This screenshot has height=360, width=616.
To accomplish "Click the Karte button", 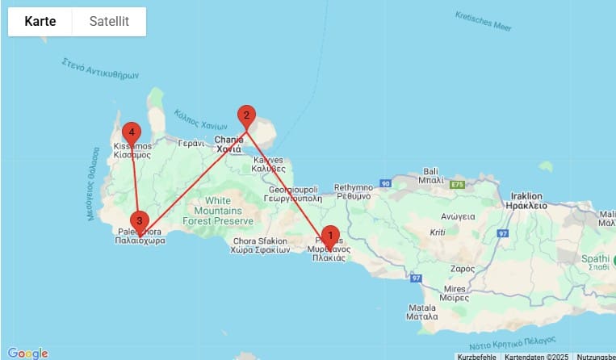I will (x=40, y=22).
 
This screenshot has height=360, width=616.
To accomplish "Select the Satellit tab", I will (x=109, y=22).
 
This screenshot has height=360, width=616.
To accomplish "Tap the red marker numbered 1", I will (x=329, y=237).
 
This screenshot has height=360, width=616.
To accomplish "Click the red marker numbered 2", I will (x=245, y=116).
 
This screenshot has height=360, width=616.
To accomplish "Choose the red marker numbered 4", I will (x=131, y=133).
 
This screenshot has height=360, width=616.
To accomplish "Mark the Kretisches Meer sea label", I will (x=483, y=22).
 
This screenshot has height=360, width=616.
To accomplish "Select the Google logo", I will (x=27, y=353).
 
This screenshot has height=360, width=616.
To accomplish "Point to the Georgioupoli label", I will (x=295, y=190).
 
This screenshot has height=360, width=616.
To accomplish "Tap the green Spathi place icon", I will (x=613, y=260).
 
